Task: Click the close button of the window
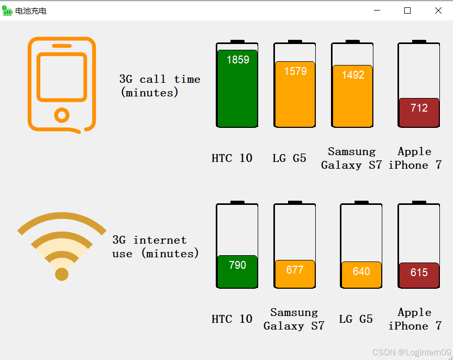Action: [x=438, y=10]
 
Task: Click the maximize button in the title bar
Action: [x=407, y=10]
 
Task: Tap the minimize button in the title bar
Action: [x=377, y=10]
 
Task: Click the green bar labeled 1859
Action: [x=237, y=89]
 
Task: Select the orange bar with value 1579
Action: [x=295, y=94]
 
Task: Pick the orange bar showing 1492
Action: [x=352, y=96]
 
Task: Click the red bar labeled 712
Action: [x=419, y=113]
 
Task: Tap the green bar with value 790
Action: [x=237, y=272]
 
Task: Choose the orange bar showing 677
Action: [x=295, y=274]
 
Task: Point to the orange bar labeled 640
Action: [x=361, y=275]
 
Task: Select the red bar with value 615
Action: [x=419, y=276]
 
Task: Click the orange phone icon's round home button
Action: [x=62, y=115]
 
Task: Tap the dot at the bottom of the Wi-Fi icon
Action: [x=62, y=274]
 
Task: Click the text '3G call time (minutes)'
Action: [x=160, y=86]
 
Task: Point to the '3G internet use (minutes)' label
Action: [x=156, y=247]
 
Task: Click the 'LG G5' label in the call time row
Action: [x=289, y=158]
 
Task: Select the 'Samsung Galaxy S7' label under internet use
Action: [x=294, y=319]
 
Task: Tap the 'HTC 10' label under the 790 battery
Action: [x=232, y=319]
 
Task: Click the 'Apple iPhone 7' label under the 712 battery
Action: [x=415, y=158]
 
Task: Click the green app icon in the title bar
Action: [x=7, y=10]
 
